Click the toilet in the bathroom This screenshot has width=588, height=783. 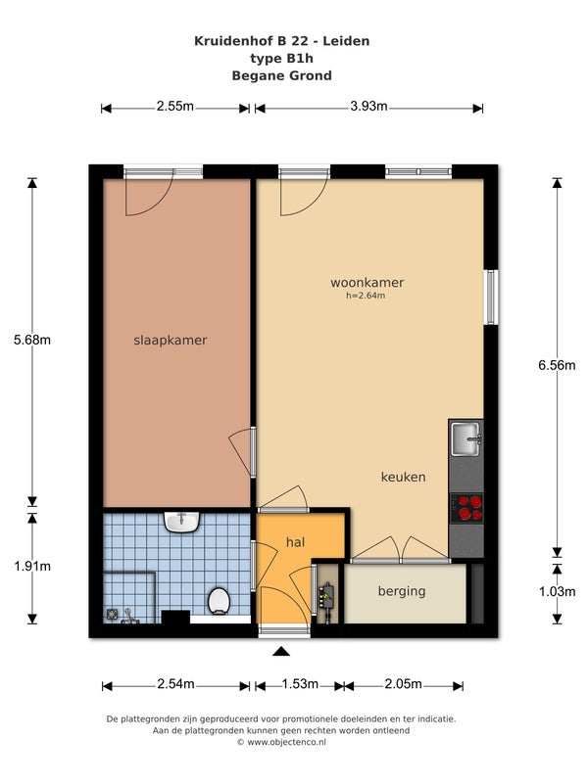click(x=219, y=600)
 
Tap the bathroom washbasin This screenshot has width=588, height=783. click(x=182, y=522)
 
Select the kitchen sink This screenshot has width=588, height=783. click(x=466, y=438)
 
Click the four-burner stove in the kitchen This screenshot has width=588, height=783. click(x=466, y=508)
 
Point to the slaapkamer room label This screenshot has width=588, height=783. click(x=170, y=340)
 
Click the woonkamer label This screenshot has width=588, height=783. click(x=367, y=283)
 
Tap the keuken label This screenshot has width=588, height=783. click(x=404, y=477)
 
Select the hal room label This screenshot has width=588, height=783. click(x=296, y=542)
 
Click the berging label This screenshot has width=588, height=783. click(x=402, y=591)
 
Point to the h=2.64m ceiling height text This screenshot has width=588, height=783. click(x=366, y=296)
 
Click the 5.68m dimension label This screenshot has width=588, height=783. click(x=32, y=340)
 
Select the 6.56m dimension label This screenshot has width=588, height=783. click(x=557, y=365)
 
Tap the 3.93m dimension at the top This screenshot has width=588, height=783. click(x=369, y=106)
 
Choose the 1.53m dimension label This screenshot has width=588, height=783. click(x=300, y=683)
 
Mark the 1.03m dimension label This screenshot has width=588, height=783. click(x=557, y=592)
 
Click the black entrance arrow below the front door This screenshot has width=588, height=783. click(x=281, y=651)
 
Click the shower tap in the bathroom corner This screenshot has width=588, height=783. click(x=129, y=617)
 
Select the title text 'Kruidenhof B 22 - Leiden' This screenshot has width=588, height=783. click(x=282, y=41)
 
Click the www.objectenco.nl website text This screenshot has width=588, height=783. click(x=286, y=742)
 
